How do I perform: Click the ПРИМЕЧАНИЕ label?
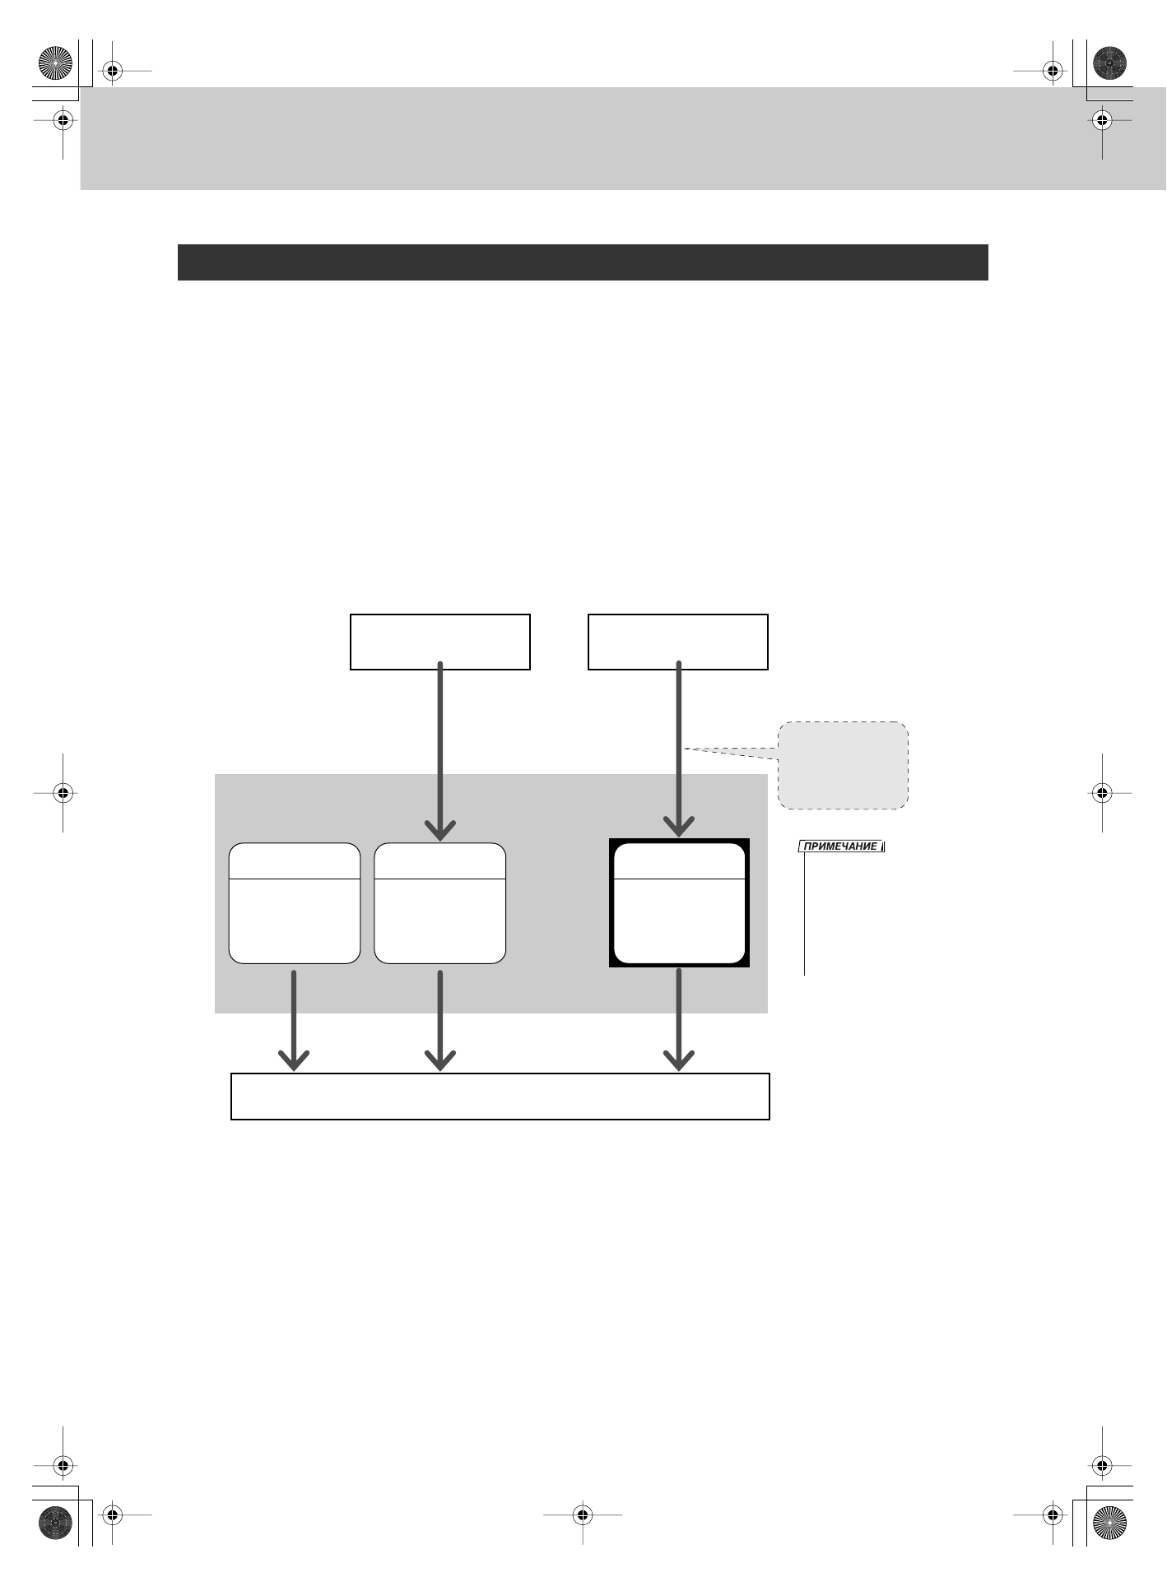pos(841,846)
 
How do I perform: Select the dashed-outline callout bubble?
pos(844,766)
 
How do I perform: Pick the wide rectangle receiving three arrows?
pos(500,1096)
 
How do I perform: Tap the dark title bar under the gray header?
pos(582,262)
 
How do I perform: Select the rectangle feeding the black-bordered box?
pos(677,642)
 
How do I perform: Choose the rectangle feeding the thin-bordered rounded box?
pos(439,642)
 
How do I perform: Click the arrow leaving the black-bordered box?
pos(679,1020)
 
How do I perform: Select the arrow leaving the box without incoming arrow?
pos(294,1020)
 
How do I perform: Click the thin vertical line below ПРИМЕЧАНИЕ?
pos(804,913)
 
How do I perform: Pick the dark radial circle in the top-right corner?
pos(1109,63)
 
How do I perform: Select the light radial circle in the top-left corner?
pos(56,63)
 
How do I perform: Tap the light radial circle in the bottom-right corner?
pos(1109,1523)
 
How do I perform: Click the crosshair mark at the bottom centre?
pos(582,1514)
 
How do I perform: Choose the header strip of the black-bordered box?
pos(679,860)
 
